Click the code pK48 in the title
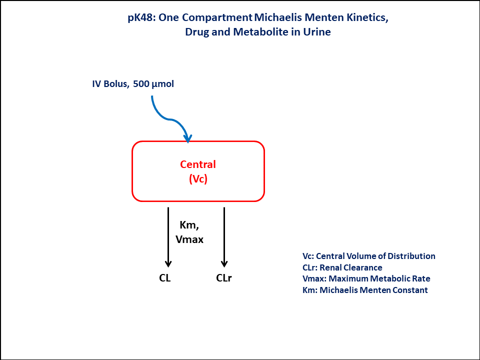pyautogui.click(x=138, y=18)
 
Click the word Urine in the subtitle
pyautogui.click(x=317, y=32)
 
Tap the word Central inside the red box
pyautogui.click(x=198, y=164)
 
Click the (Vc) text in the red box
pyautogui.click(x=198, y=179)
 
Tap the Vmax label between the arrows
pyautogui.click(x=189, y=239)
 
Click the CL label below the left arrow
pyautogui.click(x=165, y=278)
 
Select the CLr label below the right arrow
pyautogui.click(x=224, y=278)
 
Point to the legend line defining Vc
pyautogui.click(x=369, y=256)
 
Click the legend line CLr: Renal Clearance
pyautogui.click(x=342, y=267)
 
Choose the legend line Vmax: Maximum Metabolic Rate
pyautogui.click(x=366, y=278)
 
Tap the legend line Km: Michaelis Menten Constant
pyautogui.click(x=365, y=290)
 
